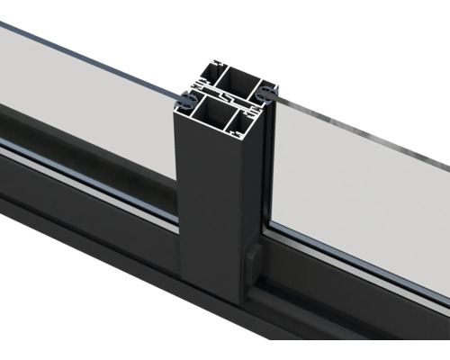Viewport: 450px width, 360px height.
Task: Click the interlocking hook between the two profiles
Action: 225,95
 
